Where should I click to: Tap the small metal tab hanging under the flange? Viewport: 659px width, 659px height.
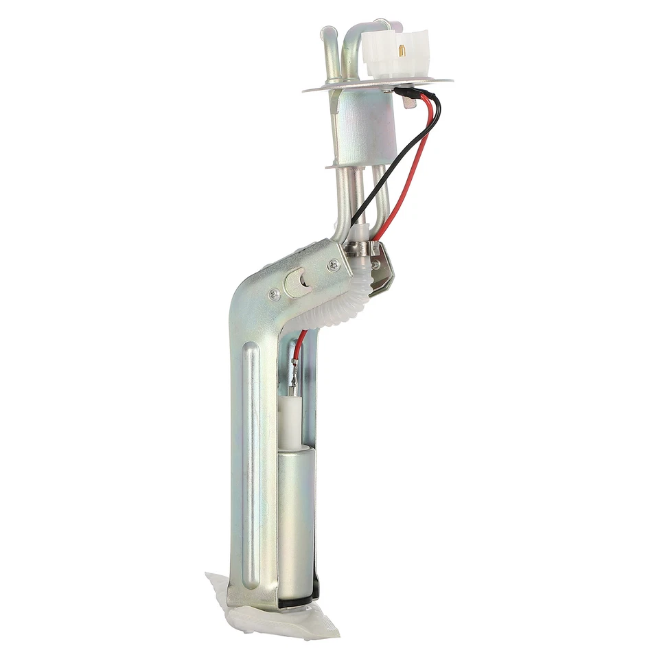click(x=409, y=104)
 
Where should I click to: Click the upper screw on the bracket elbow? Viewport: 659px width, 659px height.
click(x=334, y=264)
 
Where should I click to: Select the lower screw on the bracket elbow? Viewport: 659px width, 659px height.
click(x=274, y=294)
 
